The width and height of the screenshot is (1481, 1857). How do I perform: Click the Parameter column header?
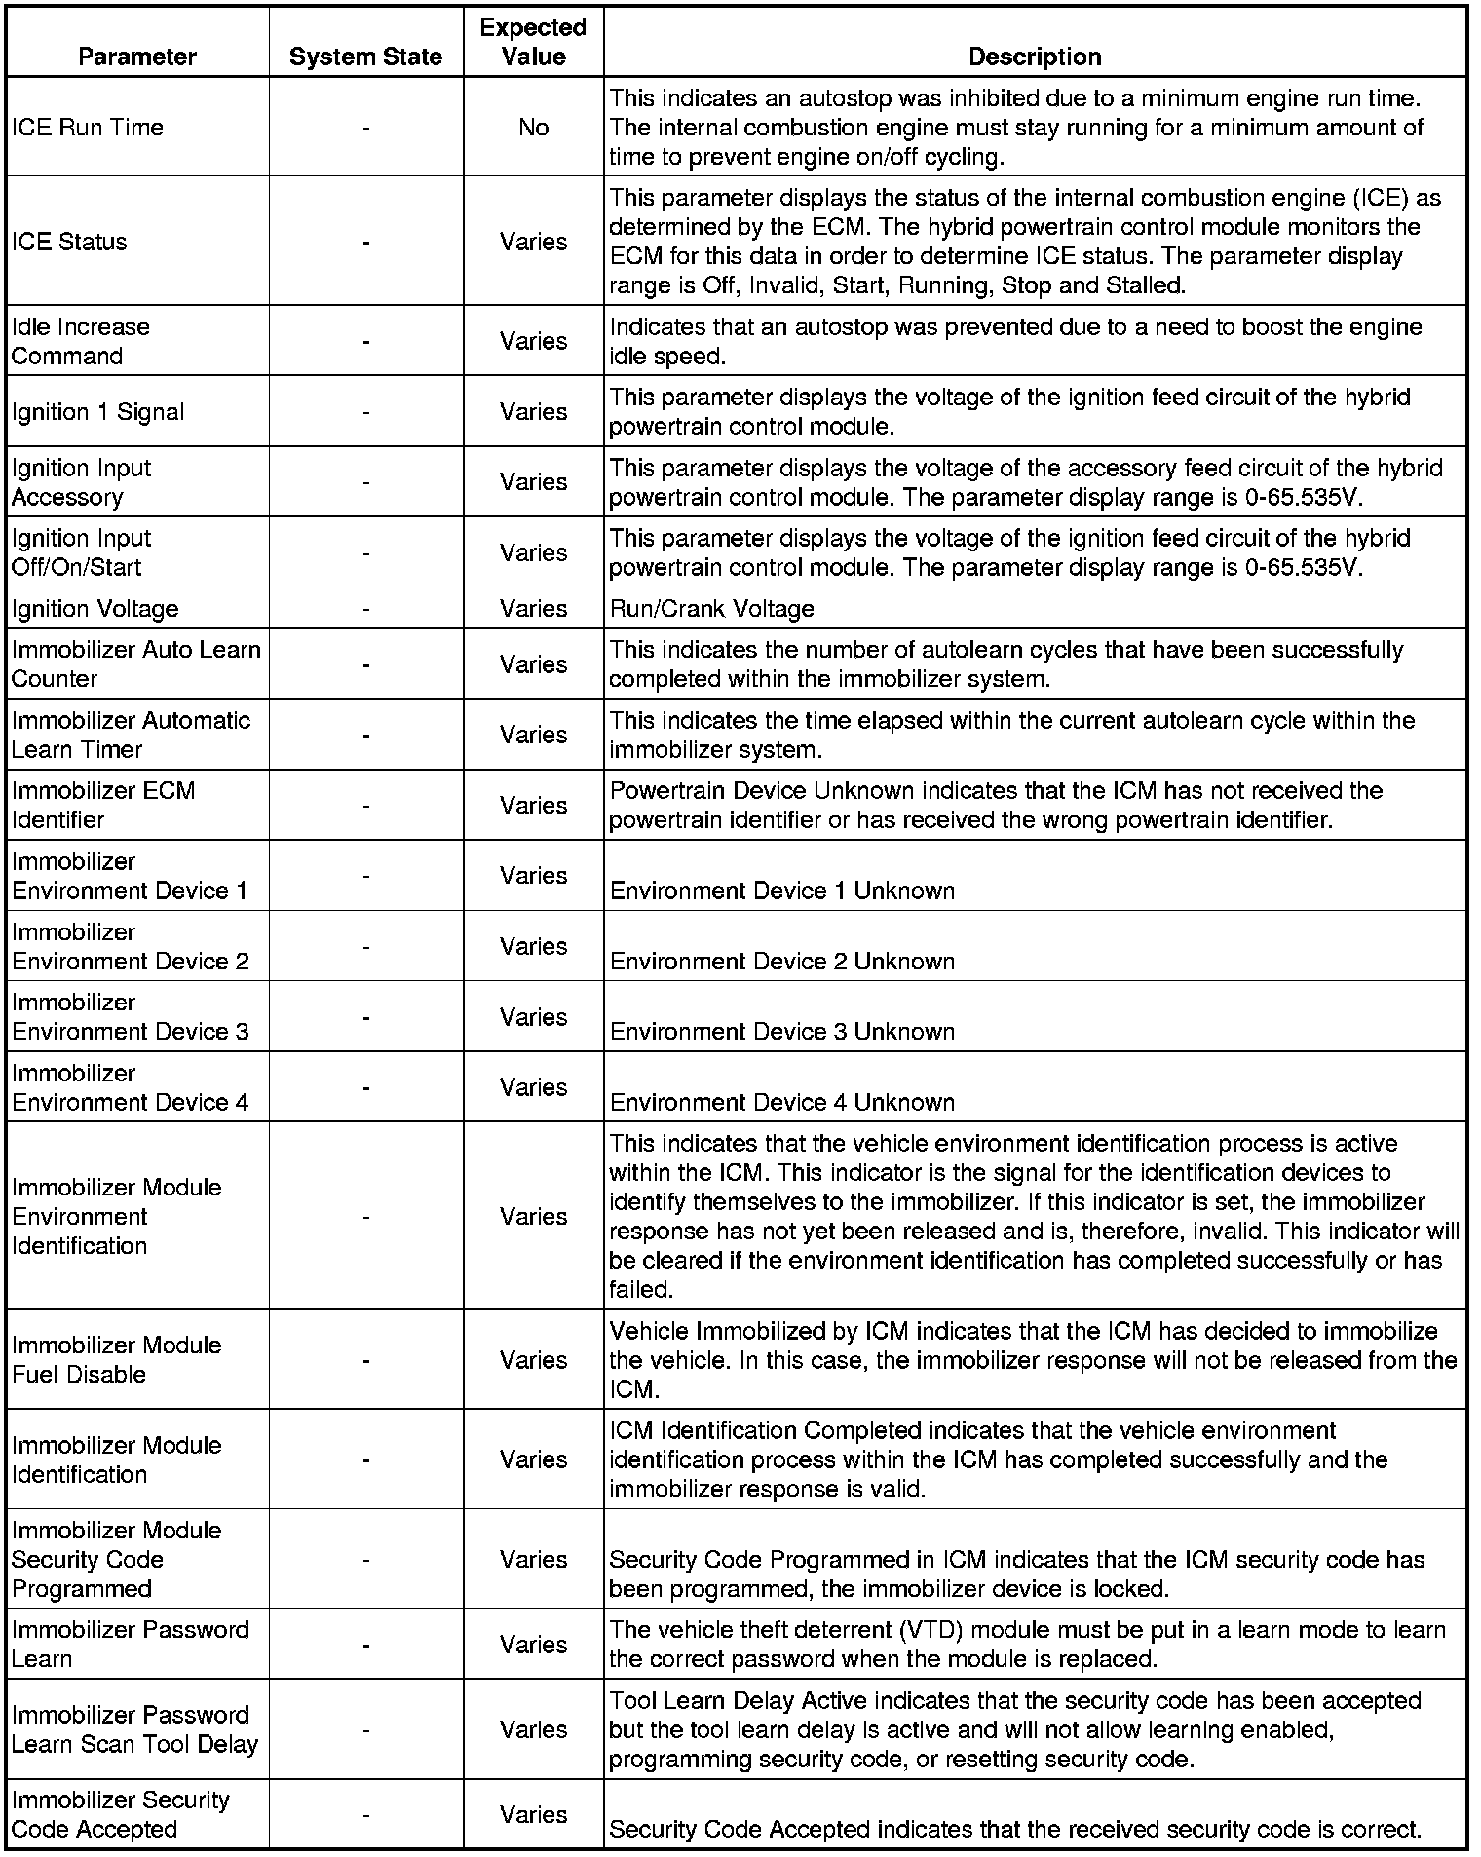click(137, 57)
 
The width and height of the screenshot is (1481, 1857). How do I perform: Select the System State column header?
click(365, 57)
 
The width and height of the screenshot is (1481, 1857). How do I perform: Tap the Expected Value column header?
click(533, 42)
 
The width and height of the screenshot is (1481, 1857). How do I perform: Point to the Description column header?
click(1035, 57)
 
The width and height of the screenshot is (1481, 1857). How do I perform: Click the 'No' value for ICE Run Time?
click(533, 128)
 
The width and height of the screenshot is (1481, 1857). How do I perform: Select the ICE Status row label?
click(69, 242)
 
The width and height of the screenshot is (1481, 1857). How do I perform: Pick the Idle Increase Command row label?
click(81, 341)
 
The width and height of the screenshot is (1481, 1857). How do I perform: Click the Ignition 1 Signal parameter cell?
click(97, 412)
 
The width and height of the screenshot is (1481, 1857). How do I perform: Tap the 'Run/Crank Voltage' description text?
click(711, 609)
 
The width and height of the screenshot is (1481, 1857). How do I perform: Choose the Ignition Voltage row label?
click(95, 609)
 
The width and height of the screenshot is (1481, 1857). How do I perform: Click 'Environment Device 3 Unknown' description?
click(781, 1032)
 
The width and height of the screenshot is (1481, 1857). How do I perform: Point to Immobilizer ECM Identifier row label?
click(103, 805)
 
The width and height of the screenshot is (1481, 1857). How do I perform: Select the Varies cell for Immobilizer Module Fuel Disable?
click(533, 1360)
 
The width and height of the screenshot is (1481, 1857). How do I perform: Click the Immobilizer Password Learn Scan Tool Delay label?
click(134, 1729)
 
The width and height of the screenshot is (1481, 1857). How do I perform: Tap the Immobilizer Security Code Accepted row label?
click(121, 1814)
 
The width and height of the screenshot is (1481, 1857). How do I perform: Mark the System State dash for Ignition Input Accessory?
click(365, 482)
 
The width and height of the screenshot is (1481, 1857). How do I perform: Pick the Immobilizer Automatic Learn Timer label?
click(131, 735)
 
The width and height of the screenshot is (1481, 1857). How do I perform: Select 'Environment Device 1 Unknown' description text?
click(781, 891)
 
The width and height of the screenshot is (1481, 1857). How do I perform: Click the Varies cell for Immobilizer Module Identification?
click(533, 1459)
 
